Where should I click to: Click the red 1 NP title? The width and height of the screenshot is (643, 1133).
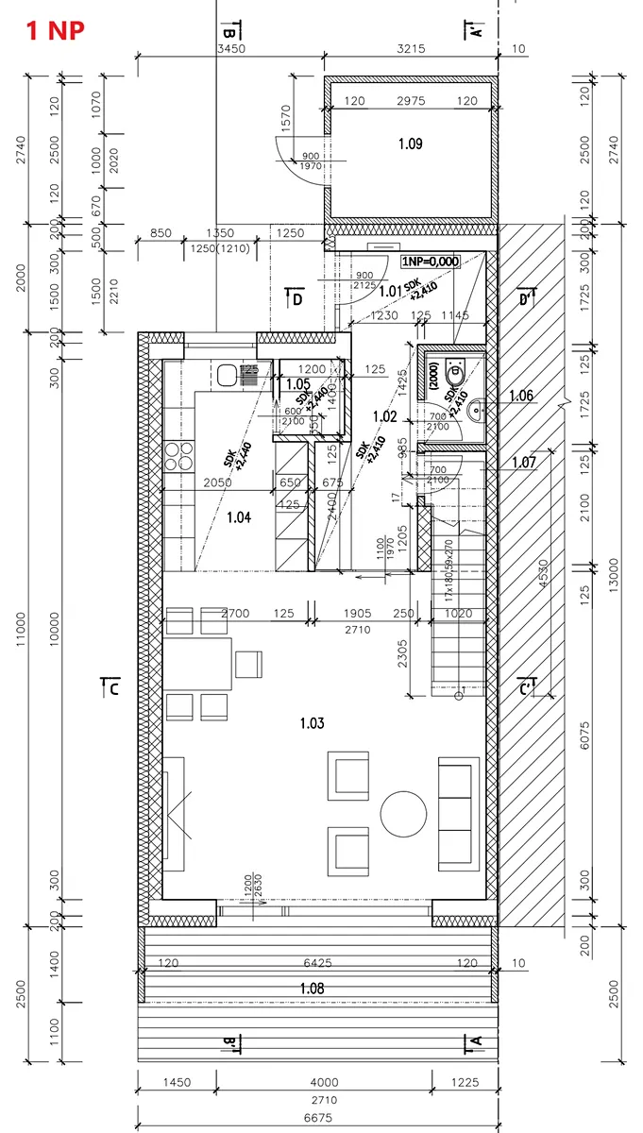[55, 29]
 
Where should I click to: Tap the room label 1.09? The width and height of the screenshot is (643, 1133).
[410, 144]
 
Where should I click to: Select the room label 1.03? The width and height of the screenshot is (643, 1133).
[312, 723]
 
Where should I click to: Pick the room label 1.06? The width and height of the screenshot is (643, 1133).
[522, 396]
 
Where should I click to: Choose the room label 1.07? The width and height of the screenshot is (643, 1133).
[523, 462]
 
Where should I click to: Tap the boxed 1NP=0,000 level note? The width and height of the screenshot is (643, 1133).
[430, 262]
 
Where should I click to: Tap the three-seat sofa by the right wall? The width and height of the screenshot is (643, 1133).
[455, 813]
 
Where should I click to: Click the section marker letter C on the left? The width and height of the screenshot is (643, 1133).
[112, 689]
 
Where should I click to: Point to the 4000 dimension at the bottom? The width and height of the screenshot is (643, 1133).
[323, 1082]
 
